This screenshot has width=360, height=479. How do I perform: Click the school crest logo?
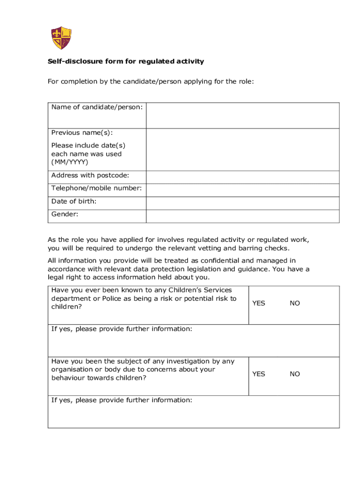coord(61,38)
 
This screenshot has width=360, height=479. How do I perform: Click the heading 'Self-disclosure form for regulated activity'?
coord(126,61)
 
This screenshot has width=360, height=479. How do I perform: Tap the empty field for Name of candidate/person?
coord(243,116)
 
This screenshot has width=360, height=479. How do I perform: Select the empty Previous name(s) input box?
coord(243,150)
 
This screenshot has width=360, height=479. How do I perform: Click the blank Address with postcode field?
coord(243,177)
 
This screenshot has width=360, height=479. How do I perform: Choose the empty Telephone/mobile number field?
coord(243,190)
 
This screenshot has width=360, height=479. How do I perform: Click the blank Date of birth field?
coord(243,203)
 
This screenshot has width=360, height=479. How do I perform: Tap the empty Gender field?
coord(243,216)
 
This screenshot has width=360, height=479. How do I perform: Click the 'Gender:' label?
coord(65,214)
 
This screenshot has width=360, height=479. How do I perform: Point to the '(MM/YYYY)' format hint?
coord(70,162)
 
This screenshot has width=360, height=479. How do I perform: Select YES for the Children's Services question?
coord(259,303)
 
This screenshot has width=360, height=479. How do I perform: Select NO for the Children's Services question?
coord(295,303)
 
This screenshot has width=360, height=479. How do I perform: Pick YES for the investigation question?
coord(259,374)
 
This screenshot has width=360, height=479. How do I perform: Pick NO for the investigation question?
coord(295,374)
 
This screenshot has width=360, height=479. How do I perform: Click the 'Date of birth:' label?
coord(74,201)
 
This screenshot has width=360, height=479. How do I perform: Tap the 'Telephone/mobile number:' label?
coord(96,188)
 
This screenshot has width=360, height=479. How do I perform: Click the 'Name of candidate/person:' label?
coord(97,107)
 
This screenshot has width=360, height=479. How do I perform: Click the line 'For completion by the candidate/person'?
coord(151,81)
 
